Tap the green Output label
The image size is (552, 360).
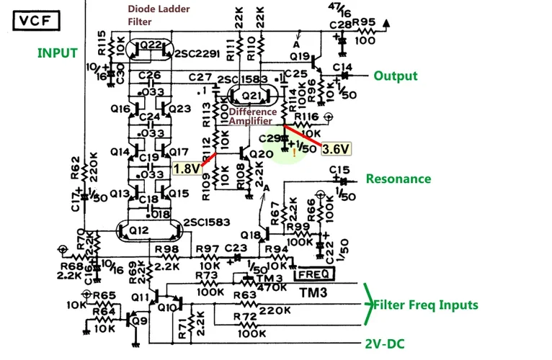(395, 76)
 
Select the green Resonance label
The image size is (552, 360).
(399, 179)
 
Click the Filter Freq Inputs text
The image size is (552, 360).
(425, 305)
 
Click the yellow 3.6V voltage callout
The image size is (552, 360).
(336, 148)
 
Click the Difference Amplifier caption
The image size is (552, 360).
(253, 117)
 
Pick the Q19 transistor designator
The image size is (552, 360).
(300, 55)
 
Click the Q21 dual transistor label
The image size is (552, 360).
(249, 96)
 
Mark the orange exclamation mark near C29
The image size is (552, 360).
(293, 153)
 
